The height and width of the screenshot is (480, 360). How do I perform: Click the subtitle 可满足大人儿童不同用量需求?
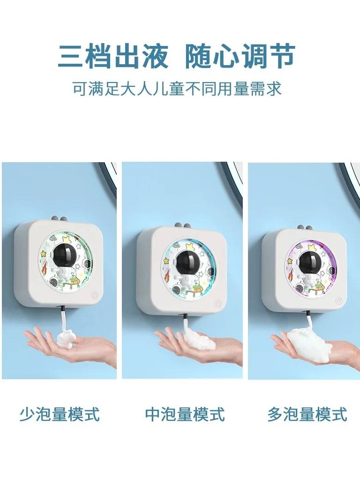point(177,89)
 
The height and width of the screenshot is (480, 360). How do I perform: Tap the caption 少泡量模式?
point(60,414)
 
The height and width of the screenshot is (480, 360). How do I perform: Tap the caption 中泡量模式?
point(185,414)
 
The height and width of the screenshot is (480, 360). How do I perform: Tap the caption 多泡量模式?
point(307,414)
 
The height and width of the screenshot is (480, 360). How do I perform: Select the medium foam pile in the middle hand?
point(199,340)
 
